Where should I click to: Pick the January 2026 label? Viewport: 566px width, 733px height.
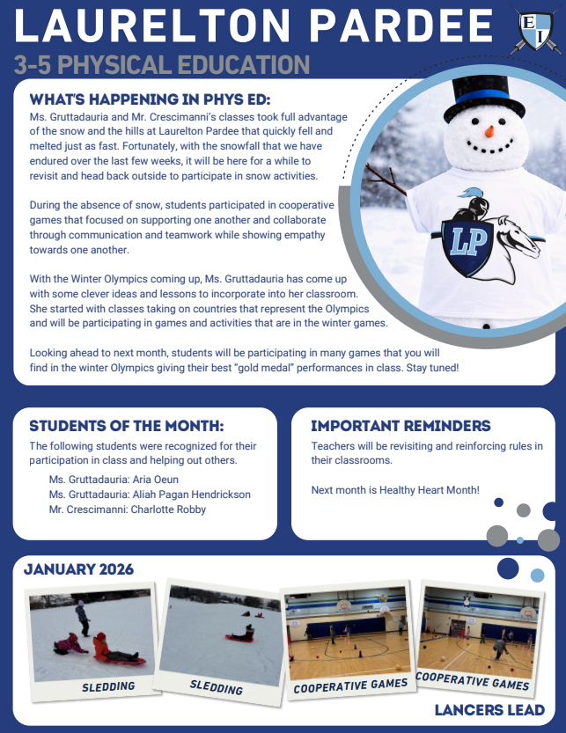tap(78, 569)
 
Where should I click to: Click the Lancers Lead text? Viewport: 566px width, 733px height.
tap(489, 710)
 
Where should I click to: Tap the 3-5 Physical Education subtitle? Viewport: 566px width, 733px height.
tap(162, 65)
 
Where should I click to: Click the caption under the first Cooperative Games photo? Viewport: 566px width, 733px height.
tap(350, 684)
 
